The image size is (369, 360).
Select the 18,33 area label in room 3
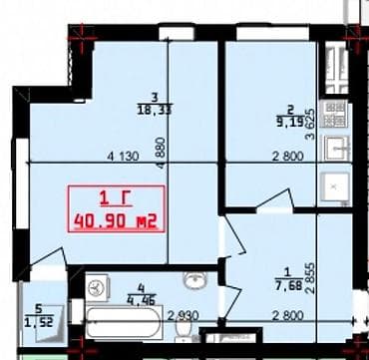click(x=151, y=112)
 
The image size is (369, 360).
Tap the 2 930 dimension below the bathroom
click(x=183, y=318)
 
